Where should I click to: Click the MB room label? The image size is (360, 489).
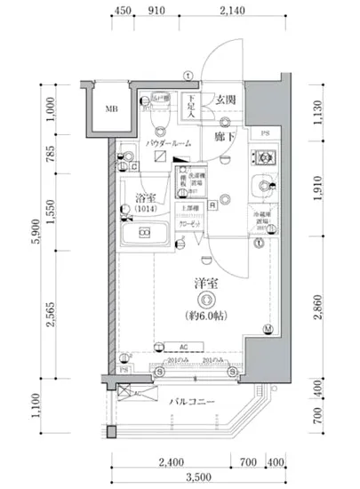[x=111, y=110]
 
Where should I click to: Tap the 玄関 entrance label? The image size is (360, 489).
[x=224, y=100]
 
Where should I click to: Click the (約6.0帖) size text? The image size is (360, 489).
[x=207, y=317]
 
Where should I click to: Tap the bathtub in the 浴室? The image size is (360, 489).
[x=147, y=237]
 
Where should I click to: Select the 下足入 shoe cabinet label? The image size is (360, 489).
[x=190, y=106]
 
